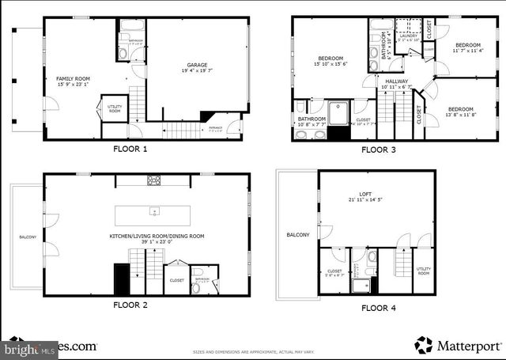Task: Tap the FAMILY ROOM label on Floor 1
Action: (71, 78)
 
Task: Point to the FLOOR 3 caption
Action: (379, 149)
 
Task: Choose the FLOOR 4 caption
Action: (379, 309)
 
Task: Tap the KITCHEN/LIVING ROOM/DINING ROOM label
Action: (157, 236)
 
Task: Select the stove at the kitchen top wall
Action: (154, 180)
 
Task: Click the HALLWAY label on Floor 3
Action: (395, 81)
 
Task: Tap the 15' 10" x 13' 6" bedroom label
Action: (330, 63)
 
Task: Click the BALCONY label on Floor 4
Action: (298, 235)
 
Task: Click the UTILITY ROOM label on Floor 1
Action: (115, 109)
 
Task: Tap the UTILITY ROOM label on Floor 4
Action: (423, 271)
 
